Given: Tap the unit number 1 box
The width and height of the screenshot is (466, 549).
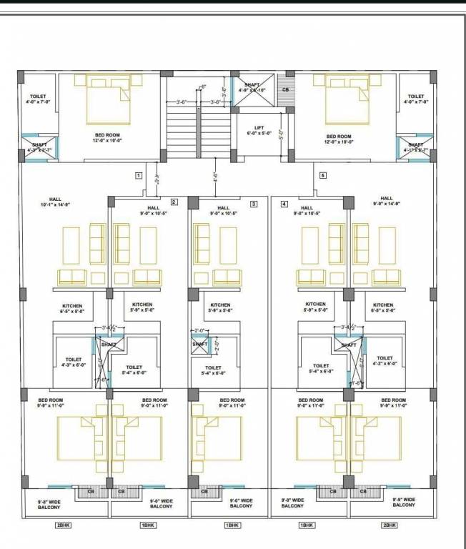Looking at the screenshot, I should pyautogui.click(x=139, y=174).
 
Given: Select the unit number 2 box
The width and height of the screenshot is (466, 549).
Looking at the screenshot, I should pyautogui.click(x=174, y=203).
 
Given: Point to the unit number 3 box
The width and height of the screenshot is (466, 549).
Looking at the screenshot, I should pyautogui.click(x=253, y=204).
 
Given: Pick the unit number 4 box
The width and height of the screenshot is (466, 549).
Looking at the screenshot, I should pyautogui.click(x=284, y=204).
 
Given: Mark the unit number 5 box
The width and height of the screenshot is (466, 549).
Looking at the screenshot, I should pyautogui.click(x=322, y=174).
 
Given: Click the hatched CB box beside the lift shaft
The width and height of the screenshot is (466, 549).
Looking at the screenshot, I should pyautogui.click(x=286, y=91).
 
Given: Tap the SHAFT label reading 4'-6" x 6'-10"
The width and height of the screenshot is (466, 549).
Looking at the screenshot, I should pyautogui.click(x=252, y=88).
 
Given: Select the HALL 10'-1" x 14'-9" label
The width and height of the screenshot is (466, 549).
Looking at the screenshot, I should pyautogui.click(x=55, y=202).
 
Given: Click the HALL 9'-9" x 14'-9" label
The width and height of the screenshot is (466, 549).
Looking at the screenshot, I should pyautogui.click(x=387, y=202).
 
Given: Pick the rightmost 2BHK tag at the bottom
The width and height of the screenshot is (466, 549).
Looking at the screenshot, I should pyautogui.click(x=390, y=525).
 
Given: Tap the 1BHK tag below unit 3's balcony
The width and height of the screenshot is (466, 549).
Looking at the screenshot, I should pyautogui.click(x=232, y=525).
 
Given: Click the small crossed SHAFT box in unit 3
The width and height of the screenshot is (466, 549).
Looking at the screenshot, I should pyautogui.click(x=200, y=345).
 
